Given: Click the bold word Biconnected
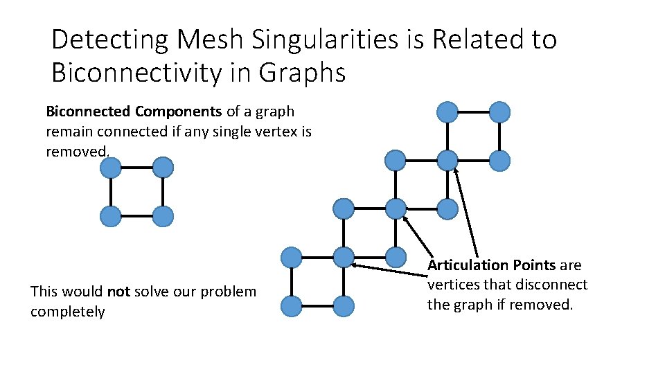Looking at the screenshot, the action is (88, 112).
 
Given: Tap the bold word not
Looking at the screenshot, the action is (118, 292).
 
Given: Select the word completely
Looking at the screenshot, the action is (68, 312).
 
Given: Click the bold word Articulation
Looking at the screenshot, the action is (468, 265).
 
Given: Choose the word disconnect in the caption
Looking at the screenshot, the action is (553, 285).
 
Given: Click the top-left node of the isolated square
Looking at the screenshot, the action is (110, 167).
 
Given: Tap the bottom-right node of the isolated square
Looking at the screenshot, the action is (163, 217).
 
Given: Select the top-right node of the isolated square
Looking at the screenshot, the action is (163, 167).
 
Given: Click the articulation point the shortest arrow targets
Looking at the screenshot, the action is (396, 208).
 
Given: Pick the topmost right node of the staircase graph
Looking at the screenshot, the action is (499, 112).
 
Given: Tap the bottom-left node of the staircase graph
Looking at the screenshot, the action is (292, 305).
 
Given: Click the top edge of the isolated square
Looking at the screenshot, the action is (136, 167).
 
